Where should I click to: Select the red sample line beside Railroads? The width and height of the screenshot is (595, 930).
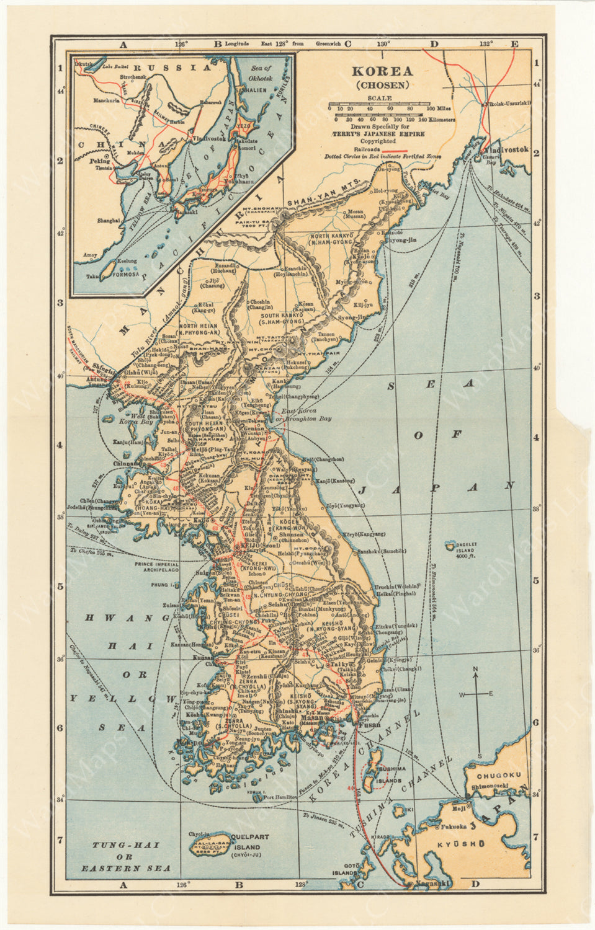394,150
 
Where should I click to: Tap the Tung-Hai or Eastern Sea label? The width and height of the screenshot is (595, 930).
126,857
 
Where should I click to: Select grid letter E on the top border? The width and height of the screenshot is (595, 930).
514,44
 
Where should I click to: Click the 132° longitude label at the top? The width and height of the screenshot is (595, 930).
485,44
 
